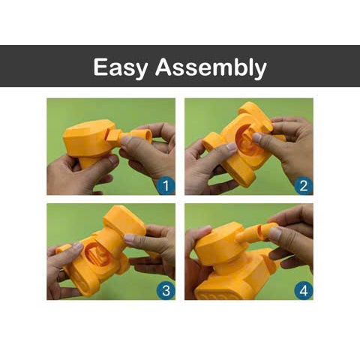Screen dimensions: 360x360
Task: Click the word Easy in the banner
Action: click(x=121, y=67)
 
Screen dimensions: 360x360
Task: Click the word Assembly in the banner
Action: click(x=211, y=67)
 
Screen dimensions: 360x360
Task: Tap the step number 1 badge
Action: click(x=166, y=186)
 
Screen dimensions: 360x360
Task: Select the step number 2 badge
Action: click(x=304, y=186)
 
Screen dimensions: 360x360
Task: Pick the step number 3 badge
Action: click(x=166, y=291)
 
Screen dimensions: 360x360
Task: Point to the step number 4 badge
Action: click(x=304, y=291)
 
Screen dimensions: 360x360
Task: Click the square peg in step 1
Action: click(x=114, y=136)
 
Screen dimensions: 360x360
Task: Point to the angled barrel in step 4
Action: click(x=257, y=234)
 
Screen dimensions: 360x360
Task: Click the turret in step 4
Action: click(x=220, y=244)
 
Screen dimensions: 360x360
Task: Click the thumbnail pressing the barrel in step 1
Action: click(x=127, y=140)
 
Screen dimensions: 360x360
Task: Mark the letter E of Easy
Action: click(x=101, y=67)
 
